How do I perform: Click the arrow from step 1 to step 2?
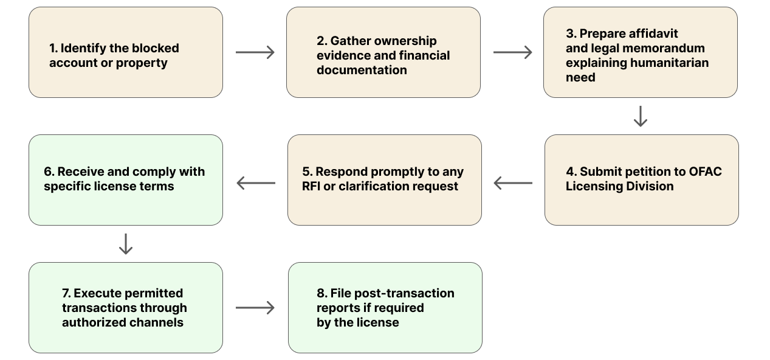pos(255,52)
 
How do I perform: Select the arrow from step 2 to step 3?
pos(512,52)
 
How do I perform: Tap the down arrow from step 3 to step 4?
pos(640,116)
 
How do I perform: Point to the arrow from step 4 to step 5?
pos(513,182)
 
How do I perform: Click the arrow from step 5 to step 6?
pos(255,182)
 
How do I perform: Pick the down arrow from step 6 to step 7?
pos(125,244)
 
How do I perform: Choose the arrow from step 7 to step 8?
pos(255,308)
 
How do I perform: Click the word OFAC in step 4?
pos(705,171)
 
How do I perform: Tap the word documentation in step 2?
pos(362,70)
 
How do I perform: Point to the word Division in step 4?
pos(648,186)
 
